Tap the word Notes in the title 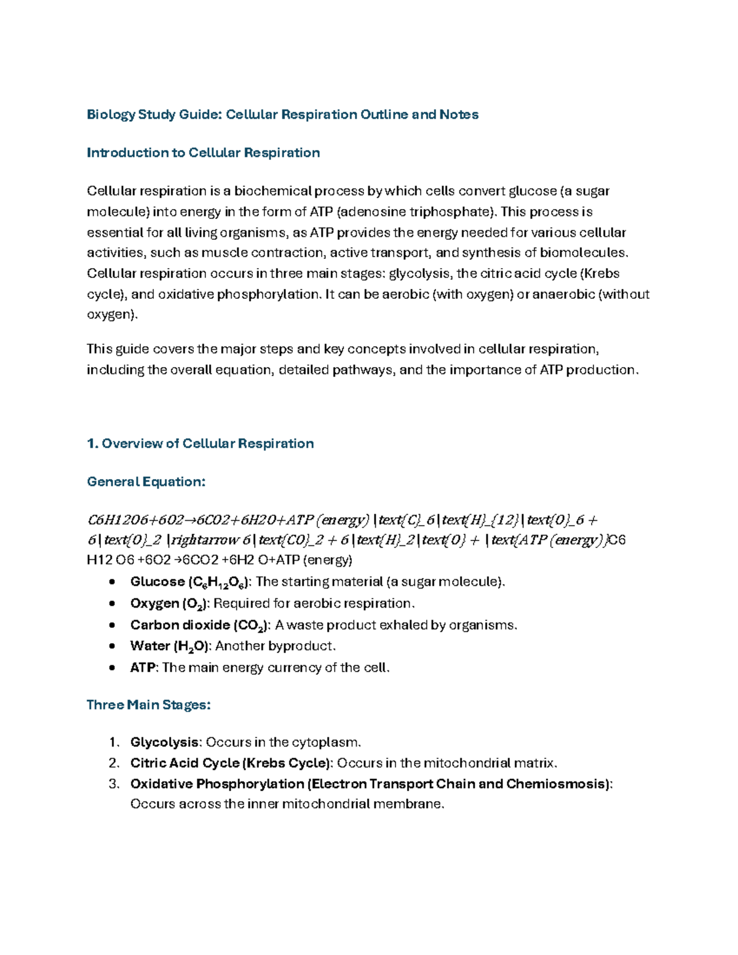click(x=459, y=115)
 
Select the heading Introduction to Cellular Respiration click(x=203, y=153)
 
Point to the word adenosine click(x=377, y=212)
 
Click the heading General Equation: click(x=146, y=482)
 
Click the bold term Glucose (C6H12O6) click(x=190, y=582)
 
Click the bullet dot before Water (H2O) click(x=111, y=646)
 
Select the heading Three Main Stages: click(x=148, y=705)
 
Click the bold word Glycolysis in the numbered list click(x=164, y=743)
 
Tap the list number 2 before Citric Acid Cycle click(x=113, y=764)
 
